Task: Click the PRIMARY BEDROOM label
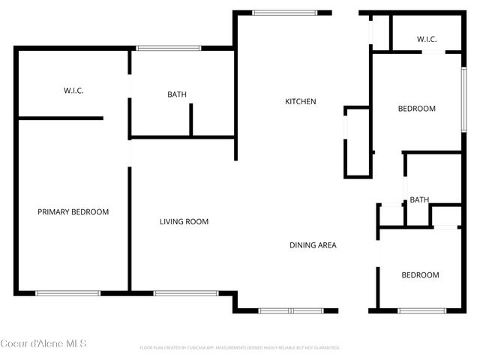(x=73, y=212)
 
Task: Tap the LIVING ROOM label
(x=184, y=222)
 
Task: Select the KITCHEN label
(x=300, y=102)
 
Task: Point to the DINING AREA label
(x=313, y=245)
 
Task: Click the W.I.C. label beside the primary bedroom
(x=73, y=91)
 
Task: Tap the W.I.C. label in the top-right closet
(x=427, y=39)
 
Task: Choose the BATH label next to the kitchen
(x=177, y=94)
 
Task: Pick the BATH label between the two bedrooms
(x=419, y=200)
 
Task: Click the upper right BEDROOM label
(x=416, y=109)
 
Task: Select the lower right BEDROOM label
(x=420, y=275)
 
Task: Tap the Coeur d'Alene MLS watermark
(x=43, y=343)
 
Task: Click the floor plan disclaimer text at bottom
(x=240, y=348)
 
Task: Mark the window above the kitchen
(x=284, y=12)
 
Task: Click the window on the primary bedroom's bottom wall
(x=68, y=293)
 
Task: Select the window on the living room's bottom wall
(x=186, y=293)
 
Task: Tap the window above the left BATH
(x=169, y=49)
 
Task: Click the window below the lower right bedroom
(x=421, y=310)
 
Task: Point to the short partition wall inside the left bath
(x=191, y=120)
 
